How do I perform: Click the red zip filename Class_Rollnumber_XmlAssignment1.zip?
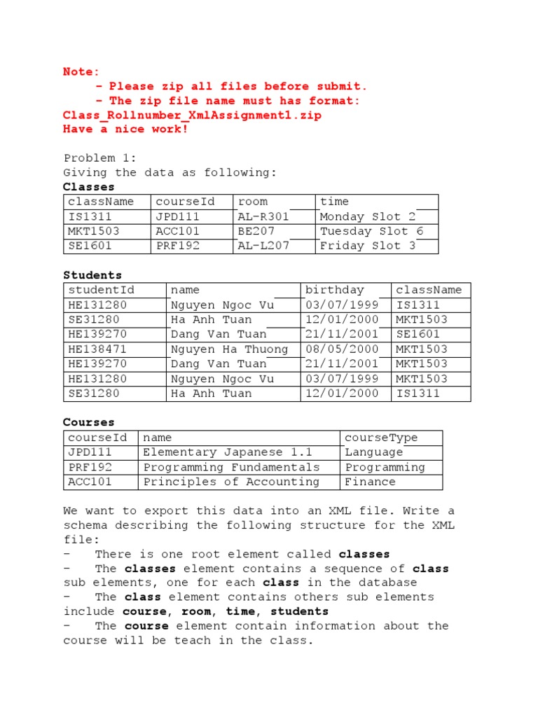point(192,116)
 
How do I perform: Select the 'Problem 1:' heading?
point(100,158)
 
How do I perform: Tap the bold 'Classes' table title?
point(89,187)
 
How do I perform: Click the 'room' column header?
point(253,202)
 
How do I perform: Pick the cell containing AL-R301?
point(263,216)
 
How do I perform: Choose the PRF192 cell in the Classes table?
point(178,246)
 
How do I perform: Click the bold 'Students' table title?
point(92,275)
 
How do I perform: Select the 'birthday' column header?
point(335,290)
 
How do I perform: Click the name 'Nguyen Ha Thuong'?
point(229,349)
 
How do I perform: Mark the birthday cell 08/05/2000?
point(342,349)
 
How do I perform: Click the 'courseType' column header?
point(381,438)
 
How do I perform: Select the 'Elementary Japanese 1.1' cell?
point(228,452)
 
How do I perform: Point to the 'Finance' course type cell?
point(370,482)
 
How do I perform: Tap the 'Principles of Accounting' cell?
point(231,482)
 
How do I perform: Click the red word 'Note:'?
point(81,71)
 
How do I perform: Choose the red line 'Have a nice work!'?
point(125,130)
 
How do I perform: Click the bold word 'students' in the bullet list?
point(300,611)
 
